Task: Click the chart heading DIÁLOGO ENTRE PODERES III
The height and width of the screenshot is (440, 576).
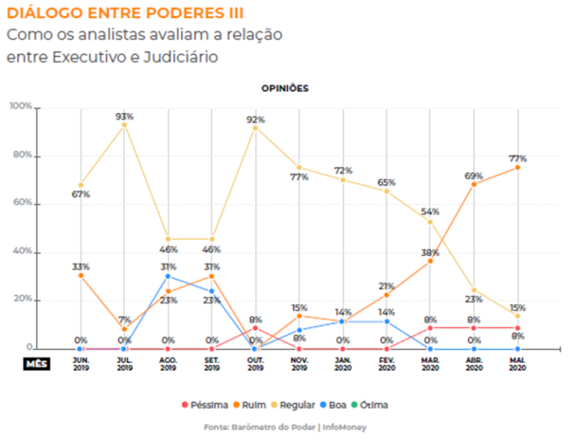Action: (124, 14)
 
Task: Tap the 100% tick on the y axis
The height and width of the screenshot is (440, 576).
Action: (20, 107)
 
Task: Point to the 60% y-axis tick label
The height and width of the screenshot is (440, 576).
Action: (22, 203)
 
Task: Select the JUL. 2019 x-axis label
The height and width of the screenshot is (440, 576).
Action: (124, 363)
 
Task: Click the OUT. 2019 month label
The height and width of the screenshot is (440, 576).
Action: (255, 363)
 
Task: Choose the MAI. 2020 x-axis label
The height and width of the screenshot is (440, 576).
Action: (516, 363)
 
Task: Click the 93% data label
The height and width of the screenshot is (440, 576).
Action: (124, 116)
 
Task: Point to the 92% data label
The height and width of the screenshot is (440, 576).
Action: (255, 119)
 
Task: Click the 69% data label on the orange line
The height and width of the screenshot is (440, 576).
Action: (474, 175)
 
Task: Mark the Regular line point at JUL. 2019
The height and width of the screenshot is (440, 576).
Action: (124, 125)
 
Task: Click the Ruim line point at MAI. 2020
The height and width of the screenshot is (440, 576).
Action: (517, 168)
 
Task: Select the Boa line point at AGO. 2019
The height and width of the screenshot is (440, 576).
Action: (168, 276)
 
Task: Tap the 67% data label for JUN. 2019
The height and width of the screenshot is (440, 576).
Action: (81, 194)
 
